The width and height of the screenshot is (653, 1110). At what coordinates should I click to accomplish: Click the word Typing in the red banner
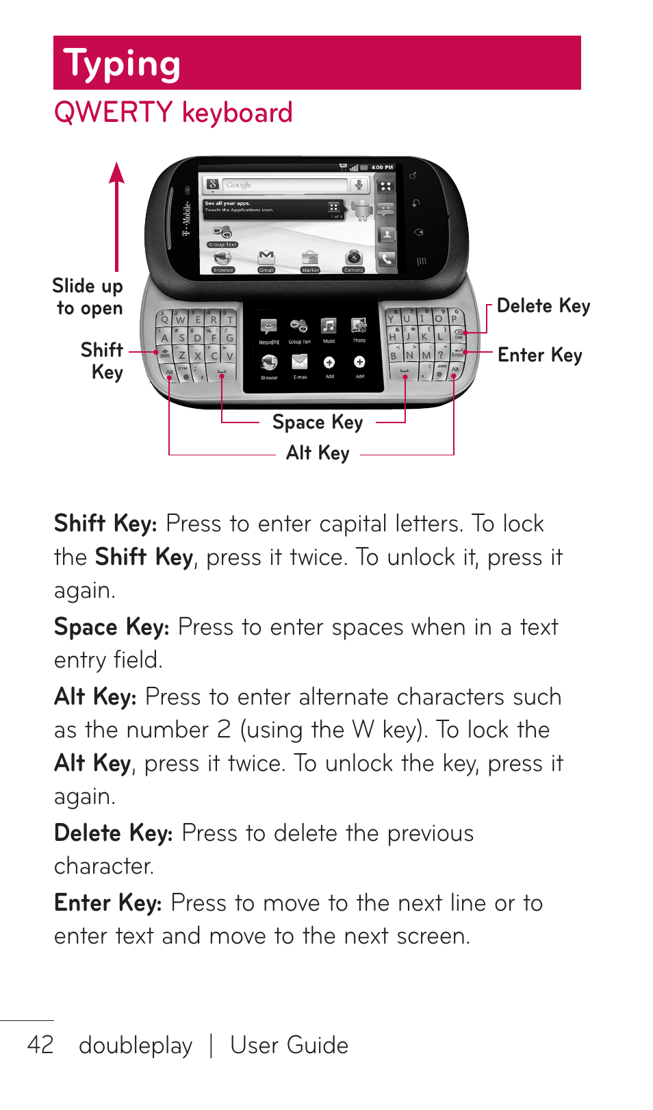122,64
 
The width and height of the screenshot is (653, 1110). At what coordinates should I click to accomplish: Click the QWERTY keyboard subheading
173,113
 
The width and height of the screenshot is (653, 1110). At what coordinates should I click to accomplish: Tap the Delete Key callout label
543,306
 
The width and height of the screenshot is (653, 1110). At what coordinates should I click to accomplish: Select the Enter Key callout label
539,355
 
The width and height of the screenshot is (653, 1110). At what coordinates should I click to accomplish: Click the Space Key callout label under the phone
318,422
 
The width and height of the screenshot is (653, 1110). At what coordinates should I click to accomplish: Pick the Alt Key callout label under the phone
318,453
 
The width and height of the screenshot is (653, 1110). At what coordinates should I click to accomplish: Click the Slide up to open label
88,297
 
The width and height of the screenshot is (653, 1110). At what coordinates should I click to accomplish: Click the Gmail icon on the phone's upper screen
266,258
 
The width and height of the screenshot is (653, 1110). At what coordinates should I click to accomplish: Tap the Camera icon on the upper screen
353,258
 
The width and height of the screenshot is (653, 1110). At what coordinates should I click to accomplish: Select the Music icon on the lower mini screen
329,327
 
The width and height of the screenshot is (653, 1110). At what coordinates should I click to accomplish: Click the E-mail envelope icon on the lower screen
300,362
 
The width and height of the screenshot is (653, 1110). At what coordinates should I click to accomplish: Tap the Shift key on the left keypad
165,353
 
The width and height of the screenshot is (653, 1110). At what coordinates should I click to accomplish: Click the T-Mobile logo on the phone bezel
185,218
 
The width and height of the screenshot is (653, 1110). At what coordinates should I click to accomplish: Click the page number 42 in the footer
40,1045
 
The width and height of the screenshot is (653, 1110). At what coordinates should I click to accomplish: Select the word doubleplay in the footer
136,1046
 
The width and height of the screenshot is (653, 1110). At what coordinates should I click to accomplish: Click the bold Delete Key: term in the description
114,833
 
